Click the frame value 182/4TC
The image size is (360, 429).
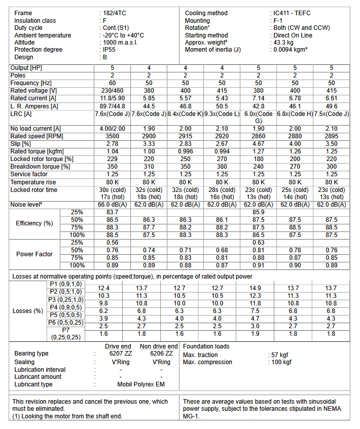[114, 13]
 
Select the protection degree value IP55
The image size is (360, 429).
[109, 50]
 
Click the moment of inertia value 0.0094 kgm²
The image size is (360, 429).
[291, 50]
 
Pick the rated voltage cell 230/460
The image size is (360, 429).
[112, 91]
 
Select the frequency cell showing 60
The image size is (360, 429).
[112, 83]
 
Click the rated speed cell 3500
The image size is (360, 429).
[112, 136]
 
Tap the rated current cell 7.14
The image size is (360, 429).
[259, 98]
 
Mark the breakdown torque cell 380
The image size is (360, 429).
[222, 167]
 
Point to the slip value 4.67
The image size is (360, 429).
[259, 144]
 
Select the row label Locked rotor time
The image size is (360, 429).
[34, 190]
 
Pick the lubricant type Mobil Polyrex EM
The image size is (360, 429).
[141, 384]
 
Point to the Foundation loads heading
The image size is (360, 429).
[206, 346]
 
